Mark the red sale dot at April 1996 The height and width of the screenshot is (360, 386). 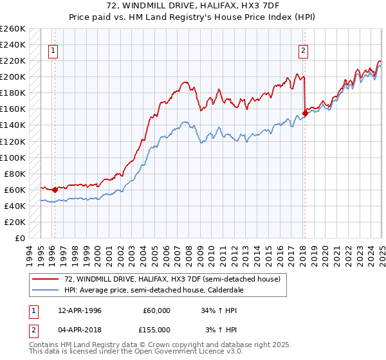pos(55,190)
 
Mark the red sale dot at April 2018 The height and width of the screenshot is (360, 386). pos(304,113)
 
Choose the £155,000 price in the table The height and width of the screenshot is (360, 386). pos(155,329)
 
